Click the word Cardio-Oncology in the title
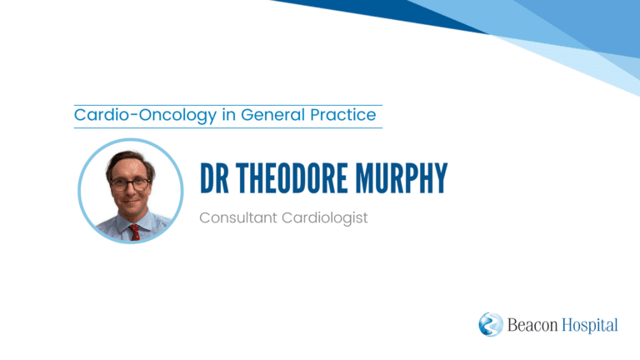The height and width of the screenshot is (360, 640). click(145, 116)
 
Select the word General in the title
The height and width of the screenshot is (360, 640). click(273, 115)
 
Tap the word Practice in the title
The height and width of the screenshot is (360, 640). click(342, 115)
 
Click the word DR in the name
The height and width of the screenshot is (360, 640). click(214, 178)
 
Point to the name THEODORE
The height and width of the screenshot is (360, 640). click(292, 178)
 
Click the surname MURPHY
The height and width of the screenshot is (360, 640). click(401, 178)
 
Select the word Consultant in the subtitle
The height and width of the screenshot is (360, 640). click(238, 217)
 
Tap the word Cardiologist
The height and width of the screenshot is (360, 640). click(325, 218)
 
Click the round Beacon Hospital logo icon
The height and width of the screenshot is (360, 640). click(491, 324)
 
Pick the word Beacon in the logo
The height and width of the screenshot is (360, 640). click(532, 325)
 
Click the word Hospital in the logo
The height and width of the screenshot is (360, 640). click(590, 326)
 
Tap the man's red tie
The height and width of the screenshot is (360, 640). click(134, 232)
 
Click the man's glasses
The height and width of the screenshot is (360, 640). click(130, 184)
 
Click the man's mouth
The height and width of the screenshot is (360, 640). click(131, 202)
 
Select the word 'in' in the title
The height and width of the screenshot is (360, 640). click(228, 115)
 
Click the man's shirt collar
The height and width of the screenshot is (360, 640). click(132, 222)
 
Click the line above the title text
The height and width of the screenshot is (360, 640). click(228, 105)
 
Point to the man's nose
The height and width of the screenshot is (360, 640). click(130, 192)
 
